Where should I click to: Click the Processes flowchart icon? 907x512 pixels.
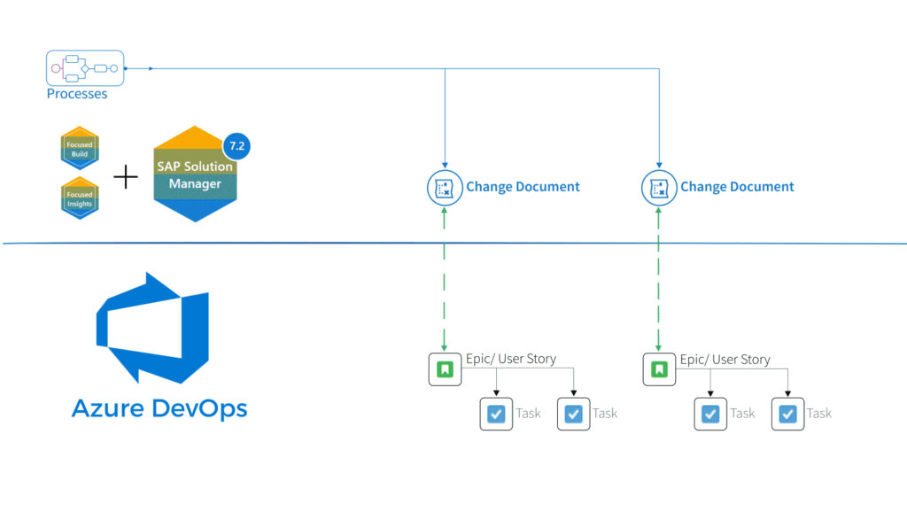pyautogui.click(x=85, y=68)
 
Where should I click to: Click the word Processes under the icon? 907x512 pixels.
pyautogui.click(x=77, y=94)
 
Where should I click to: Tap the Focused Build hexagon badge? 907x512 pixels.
pyautogui.click(x=80, y=149)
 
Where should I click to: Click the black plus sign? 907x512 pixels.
pyautogui.click(x=127, y=177)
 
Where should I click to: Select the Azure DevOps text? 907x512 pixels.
pyautogui.click(x=159, y=408)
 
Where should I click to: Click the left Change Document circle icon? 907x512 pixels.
pyautogui.click(x=444, y=187)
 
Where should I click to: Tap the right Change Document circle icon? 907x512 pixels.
pyautogui.click(x=658, y=187)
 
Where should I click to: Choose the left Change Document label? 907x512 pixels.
pyautogui.click(x=523, y=187)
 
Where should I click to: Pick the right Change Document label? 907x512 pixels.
pyautogui.click(x=737, y=187)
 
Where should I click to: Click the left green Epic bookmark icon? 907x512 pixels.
pyautogui.click(x=445, y=369)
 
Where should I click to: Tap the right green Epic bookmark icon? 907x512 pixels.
pyautogui.click(x=658, y=369)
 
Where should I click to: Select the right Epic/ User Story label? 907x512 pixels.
pyautogui.click(x=725, y=360)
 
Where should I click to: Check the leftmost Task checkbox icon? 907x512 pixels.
pyautogui.click(x=496, y=414)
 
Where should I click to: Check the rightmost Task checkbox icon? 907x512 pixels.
pyautogui.click(x=788, y=414)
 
